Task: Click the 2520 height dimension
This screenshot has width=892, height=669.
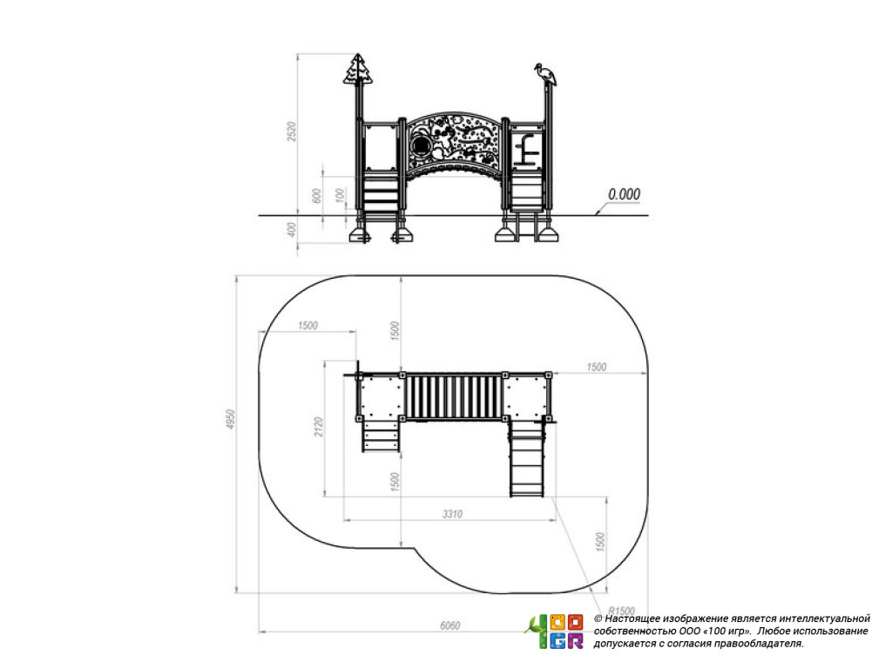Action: tap(292, 132)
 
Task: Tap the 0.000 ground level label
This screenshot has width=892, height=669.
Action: tap(624, 194)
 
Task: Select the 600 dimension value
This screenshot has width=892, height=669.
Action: tap(317, 195)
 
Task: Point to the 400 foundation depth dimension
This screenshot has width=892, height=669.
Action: tap(291, 230)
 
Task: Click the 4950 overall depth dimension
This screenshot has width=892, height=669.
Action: tap(230, 419)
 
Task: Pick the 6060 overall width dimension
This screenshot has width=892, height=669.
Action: tap(450, 625)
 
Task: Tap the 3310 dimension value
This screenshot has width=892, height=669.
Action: tap(452, 514)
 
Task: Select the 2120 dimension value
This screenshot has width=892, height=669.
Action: tap(319, 427)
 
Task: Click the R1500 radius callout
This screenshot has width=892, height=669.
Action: tap(621, 611)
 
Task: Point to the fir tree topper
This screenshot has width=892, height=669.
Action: tap(358, 70)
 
